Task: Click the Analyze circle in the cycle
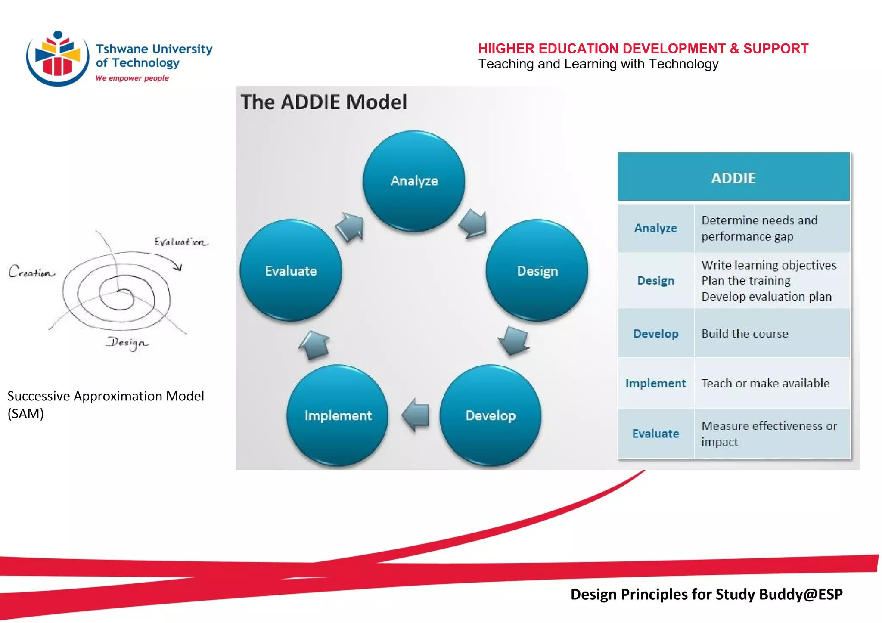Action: point(414,181)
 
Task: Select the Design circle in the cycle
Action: point(537,270)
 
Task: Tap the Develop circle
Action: point(491,415)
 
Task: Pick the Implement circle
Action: point(338,415)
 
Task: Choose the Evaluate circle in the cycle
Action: point(291,270)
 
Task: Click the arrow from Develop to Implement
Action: point(416,415)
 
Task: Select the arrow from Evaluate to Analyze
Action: point(350,227)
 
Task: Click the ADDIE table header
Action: point(733,177)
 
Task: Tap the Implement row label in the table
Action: point(655,383)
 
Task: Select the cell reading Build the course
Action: point(745,334)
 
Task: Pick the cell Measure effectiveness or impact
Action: point(769,434)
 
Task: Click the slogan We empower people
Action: point(132,78)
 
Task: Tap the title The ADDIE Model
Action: point(323,102)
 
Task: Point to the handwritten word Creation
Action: point(31,272)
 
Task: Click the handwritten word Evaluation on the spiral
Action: point(180,242)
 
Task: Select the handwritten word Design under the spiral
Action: point(127,343)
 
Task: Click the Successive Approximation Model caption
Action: point(106,404)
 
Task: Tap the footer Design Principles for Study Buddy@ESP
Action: point(706,594)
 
